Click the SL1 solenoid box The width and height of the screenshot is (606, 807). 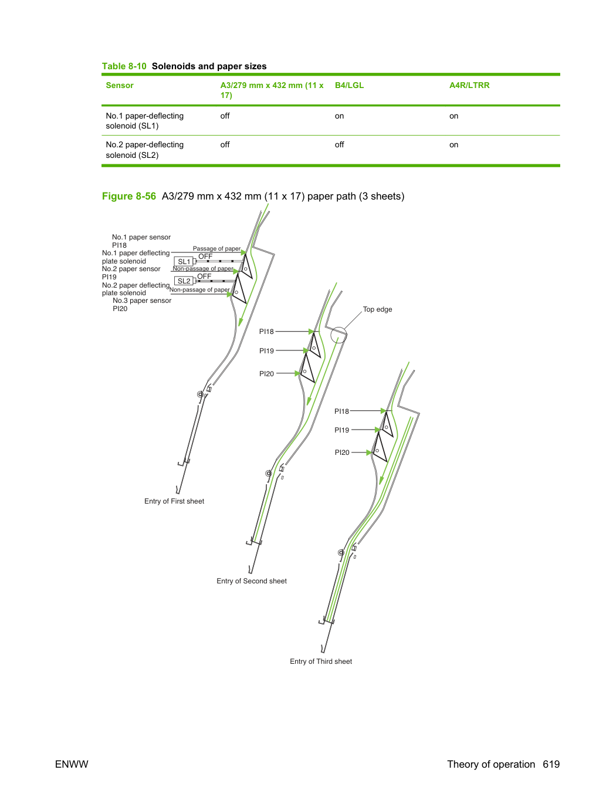click(x=184, y=261)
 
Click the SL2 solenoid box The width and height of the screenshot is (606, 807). click(x=184, y=281)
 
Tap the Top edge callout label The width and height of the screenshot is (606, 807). click(x=377, y=309)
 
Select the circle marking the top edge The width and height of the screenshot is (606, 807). click(x=338, y=335)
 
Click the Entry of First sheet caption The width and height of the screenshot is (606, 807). click(x=174, y=501)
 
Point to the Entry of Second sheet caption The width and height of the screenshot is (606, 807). click(x=251, y=581)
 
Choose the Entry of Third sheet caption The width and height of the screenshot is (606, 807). click(x=321, y=661)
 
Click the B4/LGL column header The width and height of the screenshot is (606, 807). click(x=349, y=85)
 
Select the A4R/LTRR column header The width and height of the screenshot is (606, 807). click(x=469, y=85)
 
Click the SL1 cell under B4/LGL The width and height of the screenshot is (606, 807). click(x=339, y=116)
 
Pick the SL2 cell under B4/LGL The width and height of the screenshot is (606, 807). click(x=339, y=145)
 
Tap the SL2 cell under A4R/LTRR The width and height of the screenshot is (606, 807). click(x=454, y=145)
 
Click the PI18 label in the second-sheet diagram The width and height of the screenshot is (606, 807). click(x=266, y=332)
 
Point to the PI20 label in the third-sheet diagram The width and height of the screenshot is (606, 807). click(x=342, y=453)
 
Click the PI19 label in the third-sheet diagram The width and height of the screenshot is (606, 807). click(x=342, y=430)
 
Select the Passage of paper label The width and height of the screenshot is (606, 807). click(x=216, y=248)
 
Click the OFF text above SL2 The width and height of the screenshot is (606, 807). click(x=204, y=276)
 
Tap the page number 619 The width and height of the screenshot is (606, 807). click(x=551, y=764)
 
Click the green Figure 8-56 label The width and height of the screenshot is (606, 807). click(x=129, y=197)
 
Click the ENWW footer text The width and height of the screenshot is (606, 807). click(x=72, y=764)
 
